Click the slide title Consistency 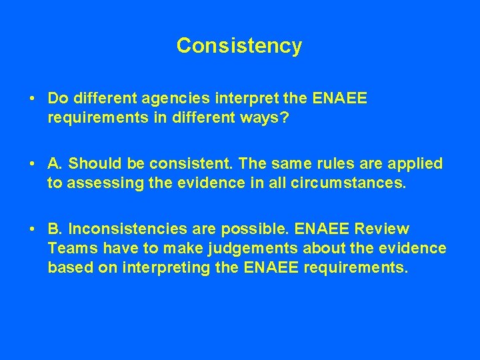pos(239,46)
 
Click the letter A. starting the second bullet pos(55,163)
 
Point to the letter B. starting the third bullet pos(55,229)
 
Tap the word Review pos(383,229)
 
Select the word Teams pos(69,248)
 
